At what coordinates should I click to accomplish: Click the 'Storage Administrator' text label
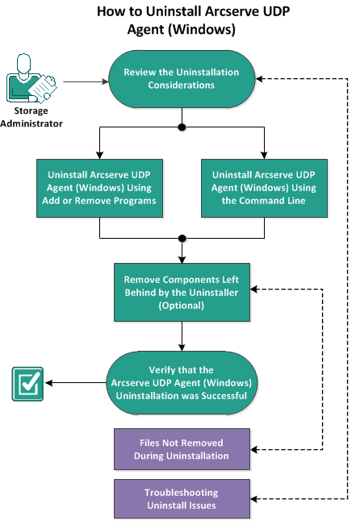tap(31, 117)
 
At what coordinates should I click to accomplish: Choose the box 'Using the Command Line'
tap(265, 187)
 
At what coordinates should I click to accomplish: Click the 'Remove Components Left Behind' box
tap(181, 292)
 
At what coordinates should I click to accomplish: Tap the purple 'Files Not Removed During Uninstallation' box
tap(181, 449)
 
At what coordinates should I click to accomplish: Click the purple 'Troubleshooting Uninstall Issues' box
tap(181, 498)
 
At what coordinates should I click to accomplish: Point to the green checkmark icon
tap(26, 383)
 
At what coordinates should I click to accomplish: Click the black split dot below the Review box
tap(182, 127)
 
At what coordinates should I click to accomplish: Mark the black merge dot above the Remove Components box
tap(182, 239)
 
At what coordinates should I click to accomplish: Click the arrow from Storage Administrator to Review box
tap(84, 80)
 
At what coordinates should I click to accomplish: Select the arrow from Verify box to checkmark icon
tap(77, 383)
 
